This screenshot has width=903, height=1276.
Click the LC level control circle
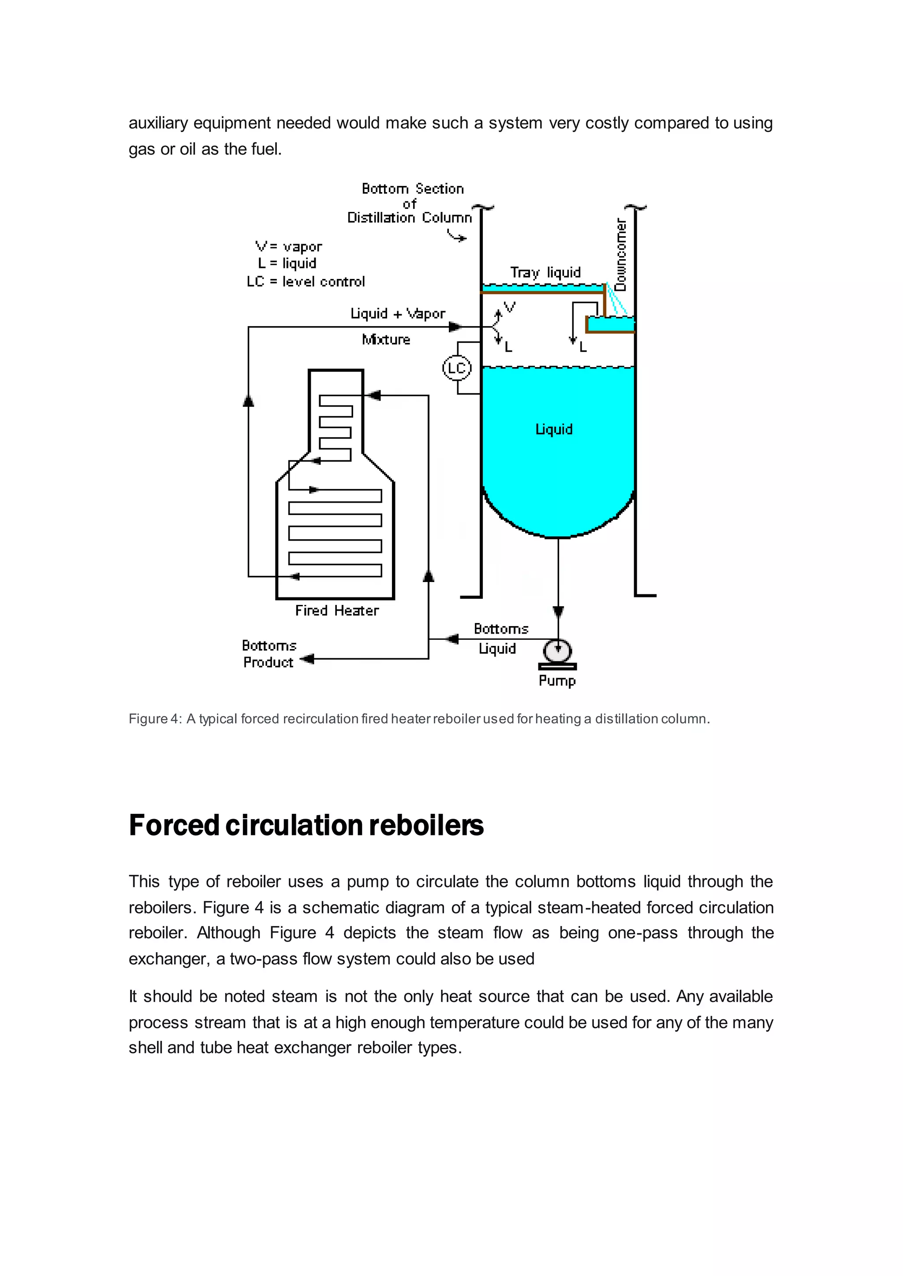click(x=456, y=368)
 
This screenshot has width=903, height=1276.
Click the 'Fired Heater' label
click(x=336, y=611)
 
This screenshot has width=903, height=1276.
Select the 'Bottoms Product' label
click(x=269, y=654)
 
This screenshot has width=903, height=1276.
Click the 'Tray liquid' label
click(x=545, y=272)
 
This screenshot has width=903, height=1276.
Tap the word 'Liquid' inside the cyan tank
click(x=554, y=429)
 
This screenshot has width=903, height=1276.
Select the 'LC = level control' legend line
click(x=306, y=282)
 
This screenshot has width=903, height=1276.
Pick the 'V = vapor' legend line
click(x=289, y=246)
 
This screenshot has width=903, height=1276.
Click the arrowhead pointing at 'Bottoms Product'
click(x=307, y=659)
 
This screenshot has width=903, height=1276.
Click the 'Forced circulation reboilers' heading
click(x=306, y=825)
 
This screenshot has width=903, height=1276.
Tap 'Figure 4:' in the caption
click(x=155, y=719)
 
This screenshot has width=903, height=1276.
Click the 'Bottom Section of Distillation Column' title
click(x=410, y=204)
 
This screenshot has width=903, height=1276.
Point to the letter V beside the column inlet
click(x=509, y=307)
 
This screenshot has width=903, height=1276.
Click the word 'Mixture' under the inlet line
click(x=386, y=340)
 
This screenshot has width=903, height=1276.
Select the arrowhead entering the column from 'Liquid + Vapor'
click(x=455, y=327)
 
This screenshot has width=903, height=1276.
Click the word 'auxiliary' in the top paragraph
click(x=158, y=123)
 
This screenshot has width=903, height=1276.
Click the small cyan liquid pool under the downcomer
click(x=611, y=324)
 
